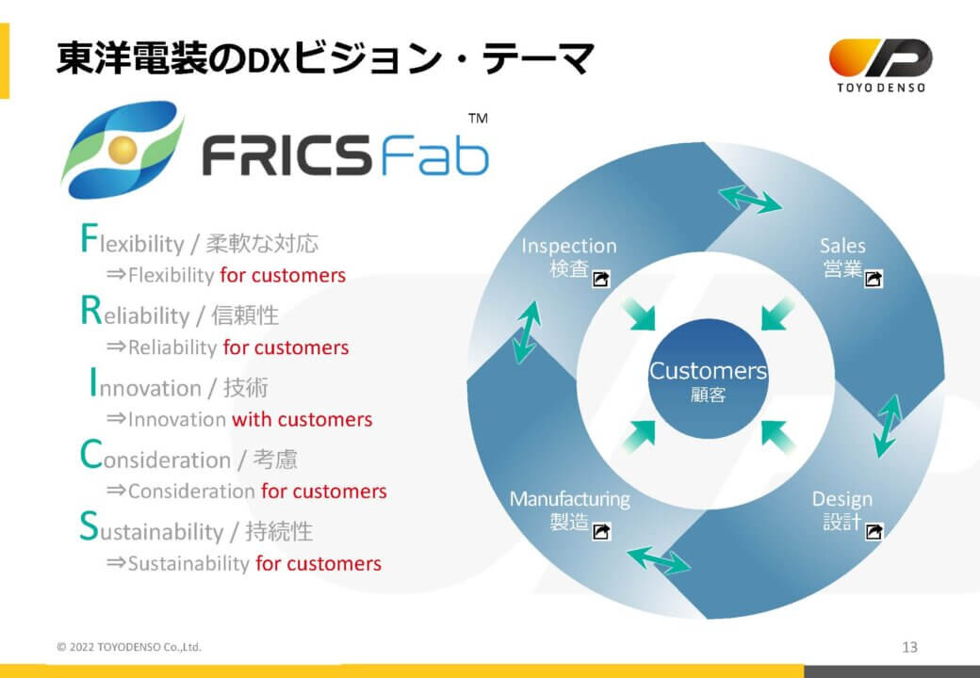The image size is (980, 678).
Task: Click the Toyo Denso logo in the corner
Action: (x=881, y=65)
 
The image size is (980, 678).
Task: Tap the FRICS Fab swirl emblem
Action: (x=122, y=150)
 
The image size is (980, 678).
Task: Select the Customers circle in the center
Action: (x=708, y=379)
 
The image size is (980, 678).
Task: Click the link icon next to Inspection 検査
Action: (x=601, y=279)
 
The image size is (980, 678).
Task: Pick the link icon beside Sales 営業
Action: (x=874, y=279)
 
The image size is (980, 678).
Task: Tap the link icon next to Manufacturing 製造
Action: (x=601, y=531)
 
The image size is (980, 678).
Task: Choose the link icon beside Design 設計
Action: (x=874, y=531)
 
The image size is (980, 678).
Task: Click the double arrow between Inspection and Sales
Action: (x=750, y=199)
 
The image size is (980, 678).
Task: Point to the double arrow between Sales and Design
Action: (x=889, y=426)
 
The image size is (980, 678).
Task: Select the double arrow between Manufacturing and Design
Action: (x=659, y=559)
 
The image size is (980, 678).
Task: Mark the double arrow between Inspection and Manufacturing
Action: (x=526, y=332)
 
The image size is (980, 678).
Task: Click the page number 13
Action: (x=910, y=647)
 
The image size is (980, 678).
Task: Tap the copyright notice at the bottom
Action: (x=129, y=647)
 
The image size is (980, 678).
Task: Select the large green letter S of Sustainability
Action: (x=89, y=526)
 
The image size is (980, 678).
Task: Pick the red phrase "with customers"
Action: (x=302, y=419)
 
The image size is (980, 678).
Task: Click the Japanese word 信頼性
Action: (x=245, y=315)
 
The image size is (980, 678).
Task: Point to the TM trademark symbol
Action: (x=478, y=118)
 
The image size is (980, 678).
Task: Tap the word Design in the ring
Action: (x=841, y=499)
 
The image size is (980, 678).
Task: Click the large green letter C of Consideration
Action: (x=90, y=455)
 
